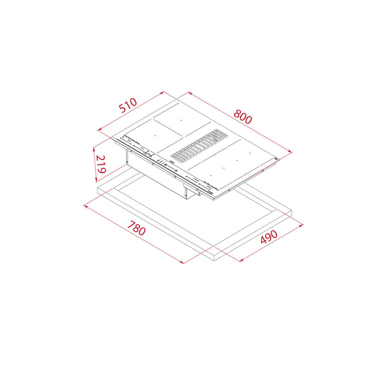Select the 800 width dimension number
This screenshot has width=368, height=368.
pos(242,116)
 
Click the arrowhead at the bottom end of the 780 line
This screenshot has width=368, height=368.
pos(182,263)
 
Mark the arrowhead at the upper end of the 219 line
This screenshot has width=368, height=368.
pos(93,149)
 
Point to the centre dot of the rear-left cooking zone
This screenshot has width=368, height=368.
pos(181,121)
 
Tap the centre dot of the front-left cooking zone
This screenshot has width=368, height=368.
pos(155,135)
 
